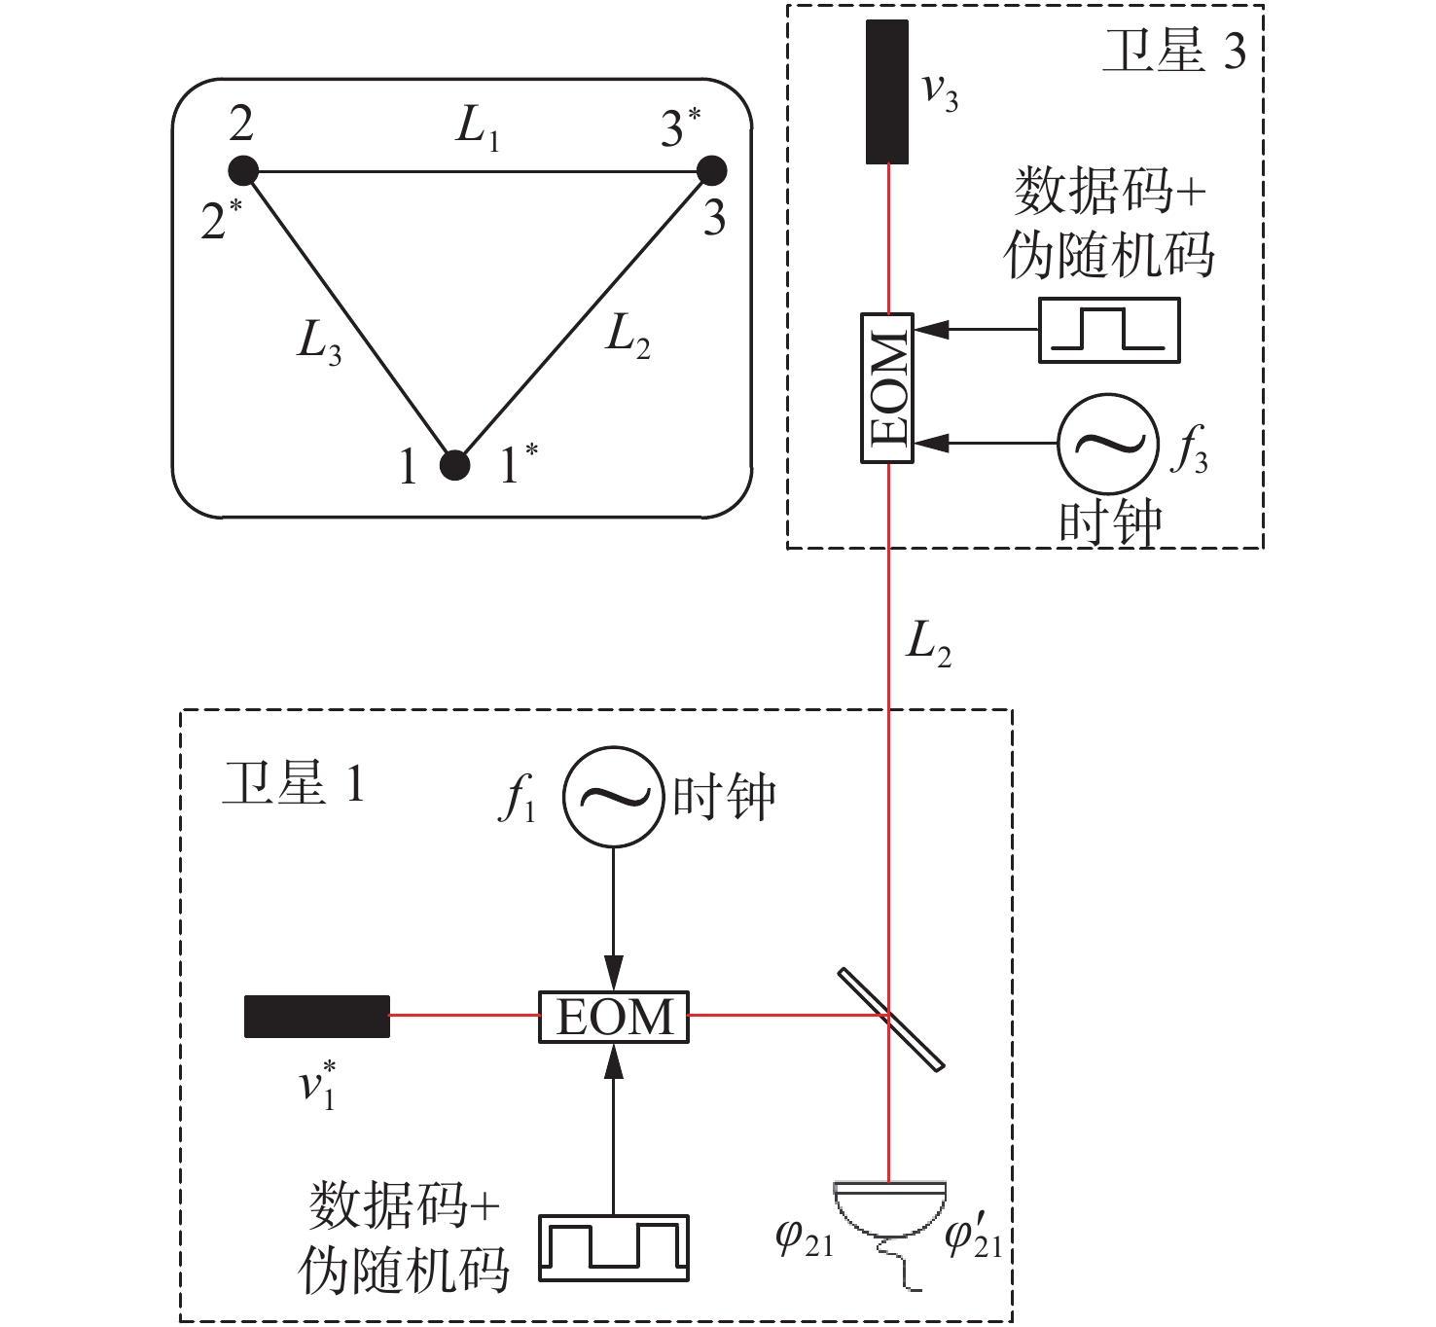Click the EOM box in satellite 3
pyautogui.click(x=887, y=388)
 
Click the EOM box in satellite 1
pyautogui.click(x=614, y=1017)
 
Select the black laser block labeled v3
pyautogui.click(x=887, y=92)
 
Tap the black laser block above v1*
pyautogui.click(x=317, y=1017)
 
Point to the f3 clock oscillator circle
pyautogui.click(x=1108, y=444)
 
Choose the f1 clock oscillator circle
pyautogui.click(x=613, y=797)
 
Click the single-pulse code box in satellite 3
pyautogui.click(x=1109, y=331)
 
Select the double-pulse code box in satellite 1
pyautogui.click(x=614, y=1248)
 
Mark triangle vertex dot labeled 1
pyautogui.click(x=454, y=465)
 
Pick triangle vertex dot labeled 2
pyautogui.click(x=243, y=171)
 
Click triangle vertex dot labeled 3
pyautogui.click(x=712, y=171)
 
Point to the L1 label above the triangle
pyautogui.click(x=478, y=130)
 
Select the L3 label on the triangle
pyautogui.click(x=319, y=343)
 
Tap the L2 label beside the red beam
pyautogui.click(x=928, y=644)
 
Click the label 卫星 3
pyautogui.click(x=1173, y=51)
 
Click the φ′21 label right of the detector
pyautogui.click(x=974, y=1237)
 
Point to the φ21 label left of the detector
pyautogui.click(x=805, y=1237)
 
